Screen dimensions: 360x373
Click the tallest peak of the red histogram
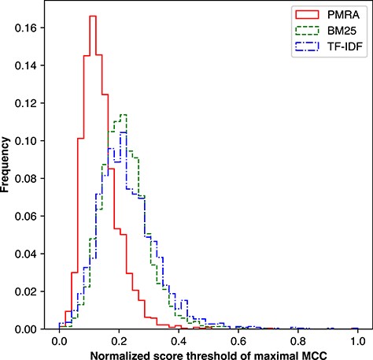tap(92, 16)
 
